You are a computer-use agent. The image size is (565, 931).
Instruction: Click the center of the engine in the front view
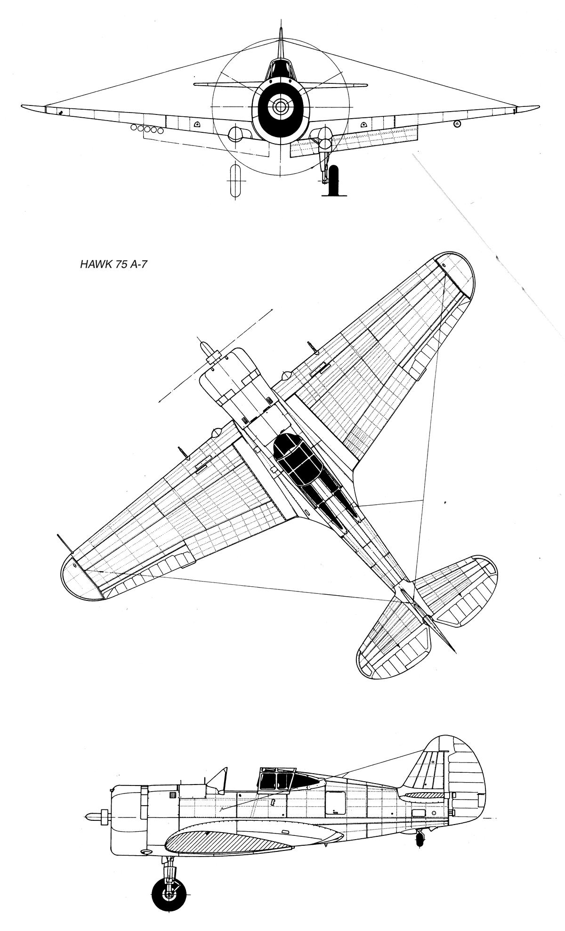click(x=280, y=107)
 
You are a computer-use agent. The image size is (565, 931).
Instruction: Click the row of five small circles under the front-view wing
click(x=147, y=129)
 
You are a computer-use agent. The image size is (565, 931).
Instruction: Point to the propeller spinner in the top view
click(x=207, y=351)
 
